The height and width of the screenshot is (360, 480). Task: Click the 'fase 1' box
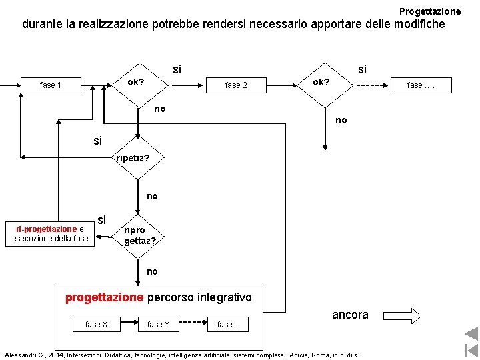(51, 85)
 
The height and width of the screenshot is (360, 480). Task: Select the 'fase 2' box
(236, 85)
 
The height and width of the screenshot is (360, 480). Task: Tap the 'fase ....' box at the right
(421, 85)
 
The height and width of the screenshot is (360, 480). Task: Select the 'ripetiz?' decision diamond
(133, 158)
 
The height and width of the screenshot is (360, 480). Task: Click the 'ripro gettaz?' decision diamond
(137, 235)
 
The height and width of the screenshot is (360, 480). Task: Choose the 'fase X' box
(97, 325)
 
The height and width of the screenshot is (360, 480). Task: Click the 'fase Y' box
(158, 325)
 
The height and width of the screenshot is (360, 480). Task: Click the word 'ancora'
(350, 315)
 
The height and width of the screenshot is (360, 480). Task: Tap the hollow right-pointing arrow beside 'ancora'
(403, 315)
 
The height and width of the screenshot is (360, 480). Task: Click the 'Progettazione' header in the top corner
(430, 11)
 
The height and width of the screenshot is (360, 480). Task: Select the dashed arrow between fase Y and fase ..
(193, 324)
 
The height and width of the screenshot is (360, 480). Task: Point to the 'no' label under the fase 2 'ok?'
(341, 120)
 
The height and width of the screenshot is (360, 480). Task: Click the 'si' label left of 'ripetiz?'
(98, 141)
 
